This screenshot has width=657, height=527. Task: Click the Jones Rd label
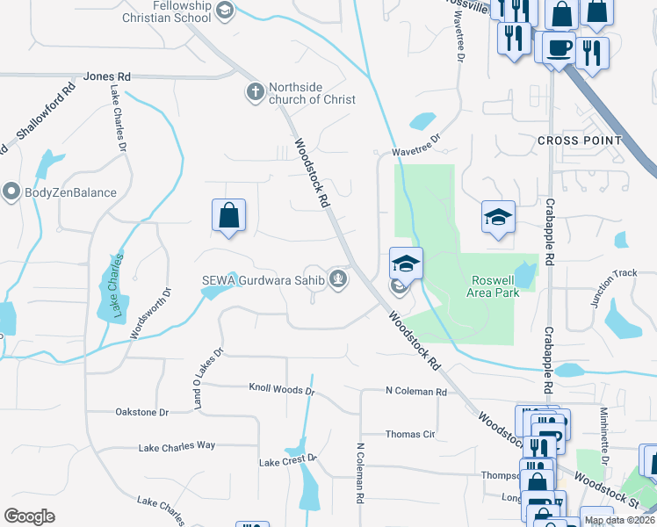click(107, 76)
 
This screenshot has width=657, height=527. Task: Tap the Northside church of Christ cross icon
click(256, 92)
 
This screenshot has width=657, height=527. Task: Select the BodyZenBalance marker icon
click(11, 191)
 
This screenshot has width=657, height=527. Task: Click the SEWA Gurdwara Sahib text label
click(264, 280)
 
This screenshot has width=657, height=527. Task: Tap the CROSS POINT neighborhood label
click(580, 141)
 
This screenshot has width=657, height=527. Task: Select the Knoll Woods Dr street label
click(281, 388)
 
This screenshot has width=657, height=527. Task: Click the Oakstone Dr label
click(141, 412)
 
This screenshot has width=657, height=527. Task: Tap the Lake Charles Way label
click(177, 446)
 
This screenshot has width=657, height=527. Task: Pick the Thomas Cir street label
click(410, 434)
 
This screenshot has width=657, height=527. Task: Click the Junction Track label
click(613, 288)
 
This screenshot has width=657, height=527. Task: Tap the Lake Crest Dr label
click(287, 461)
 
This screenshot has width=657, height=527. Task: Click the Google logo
click(29, 516)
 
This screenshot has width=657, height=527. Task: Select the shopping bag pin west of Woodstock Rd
click(228, 214)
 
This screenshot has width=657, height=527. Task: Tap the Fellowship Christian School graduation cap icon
click(225, 10)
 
